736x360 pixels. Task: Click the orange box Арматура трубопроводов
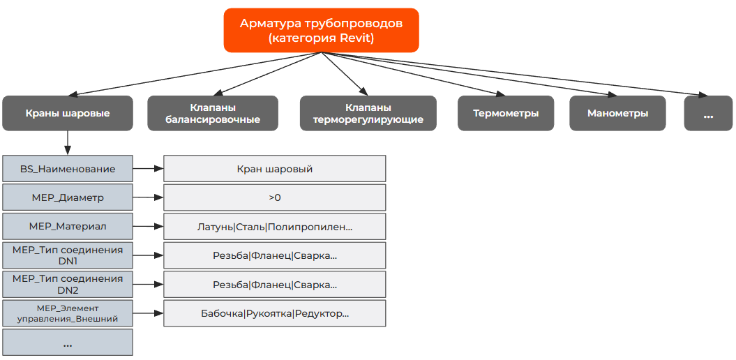321,30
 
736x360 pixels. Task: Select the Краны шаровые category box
68,113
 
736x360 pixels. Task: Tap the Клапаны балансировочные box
213,113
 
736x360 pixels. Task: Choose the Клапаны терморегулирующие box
368,113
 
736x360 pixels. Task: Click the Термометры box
505,113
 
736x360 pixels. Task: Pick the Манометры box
617,113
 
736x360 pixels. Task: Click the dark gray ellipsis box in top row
708,113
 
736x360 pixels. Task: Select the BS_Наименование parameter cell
68,169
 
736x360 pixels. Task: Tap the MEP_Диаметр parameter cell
68,197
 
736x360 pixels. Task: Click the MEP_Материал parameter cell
68,227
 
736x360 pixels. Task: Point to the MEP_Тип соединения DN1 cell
68,255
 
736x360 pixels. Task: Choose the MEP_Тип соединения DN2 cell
68,284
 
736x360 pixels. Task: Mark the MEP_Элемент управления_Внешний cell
68,313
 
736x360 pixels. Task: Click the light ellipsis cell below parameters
68,343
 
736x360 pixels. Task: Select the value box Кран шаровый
274,169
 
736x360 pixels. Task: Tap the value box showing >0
274,197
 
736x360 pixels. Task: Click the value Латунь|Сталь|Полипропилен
274,227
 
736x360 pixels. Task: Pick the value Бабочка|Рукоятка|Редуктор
274,313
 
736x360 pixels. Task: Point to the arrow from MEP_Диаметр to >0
148,197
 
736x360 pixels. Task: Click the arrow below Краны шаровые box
68,142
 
